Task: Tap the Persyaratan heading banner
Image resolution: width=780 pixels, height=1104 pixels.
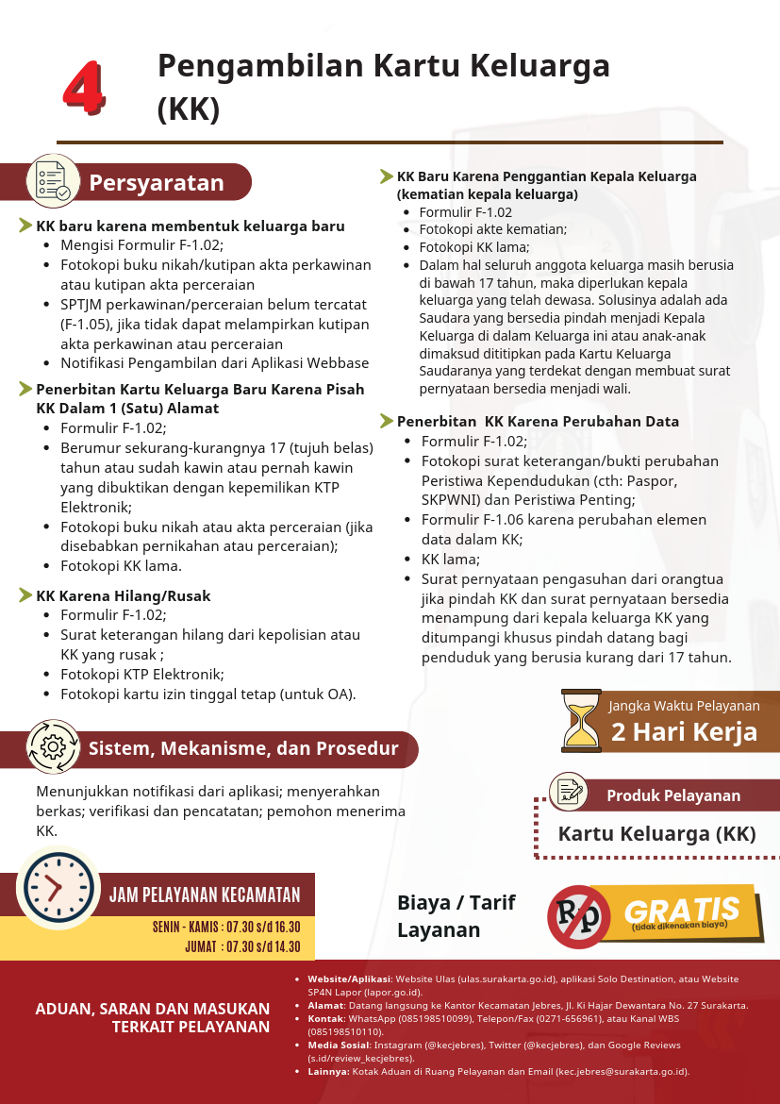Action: click(x=157, y=183)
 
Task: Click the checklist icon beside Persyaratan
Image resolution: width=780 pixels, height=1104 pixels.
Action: click(x=52, y=180)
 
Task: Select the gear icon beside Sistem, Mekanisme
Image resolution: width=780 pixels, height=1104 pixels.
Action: click(x=53, y=747)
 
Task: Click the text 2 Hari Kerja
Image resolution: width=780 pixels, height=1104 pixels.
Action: click(x=684, y=732)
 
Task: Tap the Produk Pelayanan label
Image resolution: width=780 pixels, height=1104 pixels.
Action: click(x=672, y=795)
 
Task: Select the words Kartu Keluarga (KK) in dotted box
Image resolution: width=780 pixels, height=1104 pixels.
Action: click(x=656, y=834)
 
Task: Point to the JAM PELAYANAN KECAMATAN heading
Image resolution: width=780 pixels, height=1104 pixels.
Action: click(x=205, y=895)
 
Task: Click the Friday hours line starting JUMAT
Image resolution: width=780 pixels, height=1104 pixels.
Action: click(x=242, y=947)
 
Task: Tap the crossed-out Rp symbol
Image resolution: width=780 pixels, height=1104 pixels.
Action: click(x=579, y=916)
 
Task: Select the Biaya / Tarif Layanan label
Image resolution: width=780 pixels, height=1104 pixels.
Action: click(x=456, y=916)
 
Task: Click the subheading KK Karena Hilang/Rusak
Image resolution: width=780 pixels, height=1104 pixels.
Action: click(x=123, y=596)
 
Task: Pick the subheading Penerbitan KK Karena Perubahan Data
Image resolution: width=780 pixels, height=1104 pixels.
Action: click(x=538, y=422)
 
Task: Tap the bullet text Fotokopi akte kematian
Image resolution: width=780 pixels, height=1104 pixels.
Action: click(x=492, y=229)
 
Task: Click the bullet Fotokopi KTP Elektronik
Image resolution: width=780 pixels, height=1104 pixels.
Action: click(x=141, y=675)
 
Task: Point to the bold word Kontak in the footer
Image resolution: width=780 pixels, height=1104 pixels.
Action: click(x=325, y=1019)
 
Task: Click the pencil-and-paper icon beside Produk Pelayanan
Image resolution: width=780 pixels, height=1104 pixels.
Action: click(x=568, y=791)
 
